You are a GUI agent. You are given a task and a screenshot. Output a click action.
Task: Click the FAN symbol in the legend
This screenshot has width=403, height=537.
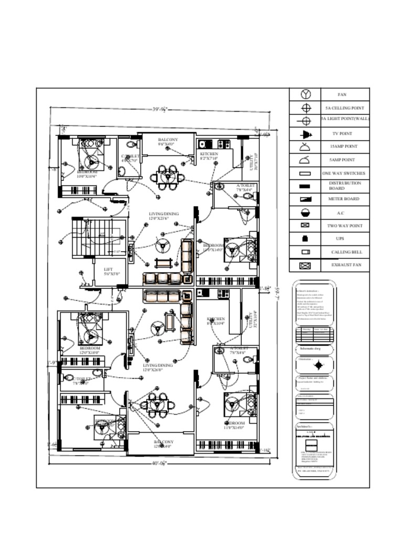(306, 94)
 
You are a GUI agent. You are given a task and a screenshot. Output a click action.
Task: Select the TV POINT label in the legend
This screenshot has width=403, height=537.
(342, 134)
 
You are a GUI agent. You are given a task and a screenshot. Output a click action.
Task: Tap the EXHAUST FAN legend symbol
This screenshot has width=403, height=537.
(305, 265)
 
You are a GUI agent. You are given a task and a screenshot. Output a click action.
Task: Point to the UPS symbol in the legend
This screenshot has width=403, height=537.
(305, 239)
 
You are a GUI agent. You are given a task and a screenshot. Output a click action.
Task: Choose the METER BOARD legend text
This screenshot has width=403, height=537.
(342, 199)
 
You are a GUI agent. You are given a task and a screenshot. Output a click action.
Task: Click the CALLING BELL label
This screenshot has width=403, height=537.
(346, 252)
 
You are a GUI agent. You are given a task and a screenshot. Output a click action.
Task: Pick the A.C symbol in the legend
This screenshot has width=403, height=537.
(305, 213)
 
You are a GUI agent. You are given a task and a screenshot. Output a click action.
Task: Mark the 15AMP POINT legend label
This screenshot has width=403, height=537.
(344, 147)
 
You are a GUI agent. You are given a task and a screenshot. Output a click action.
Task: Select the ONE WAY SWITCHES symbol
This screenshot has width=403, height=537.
(305, 174)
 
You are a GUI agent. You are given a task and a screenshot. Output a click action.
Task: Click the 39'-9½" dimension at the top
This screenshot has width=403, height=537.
(160, 110)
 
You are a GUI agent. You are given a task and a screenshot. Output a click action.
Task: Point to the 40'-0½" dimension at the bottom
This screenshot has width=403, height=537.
(160, 463)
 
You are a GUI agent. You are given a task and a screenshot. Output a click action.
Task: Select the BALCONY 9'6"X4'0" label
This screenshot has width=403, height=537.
(168, 142)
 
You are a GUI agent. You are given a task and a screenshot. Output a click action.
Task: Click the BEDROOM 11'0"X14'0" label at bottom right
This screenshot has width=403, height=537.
(235, 425)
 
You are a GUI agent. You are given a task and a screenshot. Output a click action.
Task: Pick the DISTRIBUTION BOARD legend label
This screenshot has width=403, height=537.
(345, 186)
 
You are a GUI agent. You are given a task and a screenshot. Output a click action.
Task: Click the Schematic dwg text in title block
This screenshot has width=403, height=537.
(310, 348)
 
